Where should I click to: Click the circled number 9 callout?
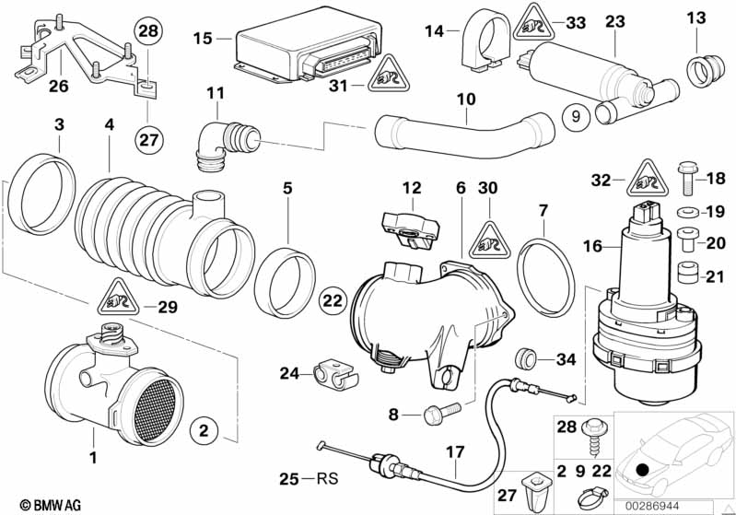574,117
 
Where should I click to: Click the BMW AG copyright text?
32,505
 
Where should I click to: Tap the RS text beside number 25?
323,479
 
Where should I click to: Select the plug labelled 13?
701,67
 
